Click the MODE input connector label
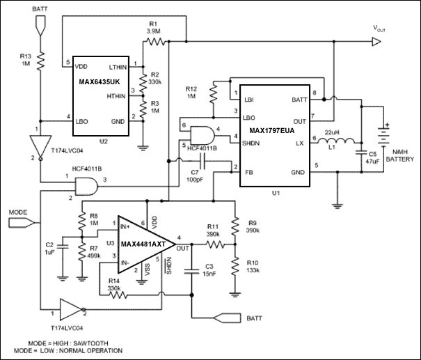pyautogui.click(x=19, y=211)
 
